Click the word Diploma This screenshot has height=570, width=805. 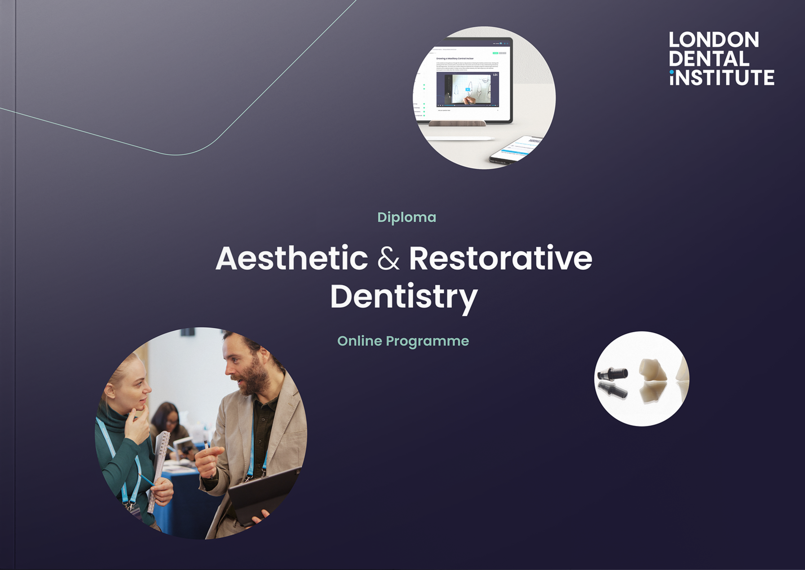point(407,217)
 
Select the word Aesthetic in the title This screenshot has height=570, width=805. point(292,259)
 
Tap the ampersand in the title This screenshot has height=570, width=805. point(388,259)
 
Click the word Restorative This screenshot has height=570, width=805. point(500,259)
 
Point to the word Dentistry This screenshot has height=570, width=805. point(403,297)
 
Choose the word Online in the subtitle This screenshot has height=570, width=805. point(359,341)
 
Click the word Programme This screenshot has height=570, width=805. point(427,342)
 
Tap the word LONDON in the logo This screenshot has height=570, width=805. point(714,40)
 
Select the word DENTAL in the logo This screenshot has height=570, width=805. point(708,59)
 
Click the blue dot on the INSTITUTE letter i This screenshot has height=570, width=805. point(672,72)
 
